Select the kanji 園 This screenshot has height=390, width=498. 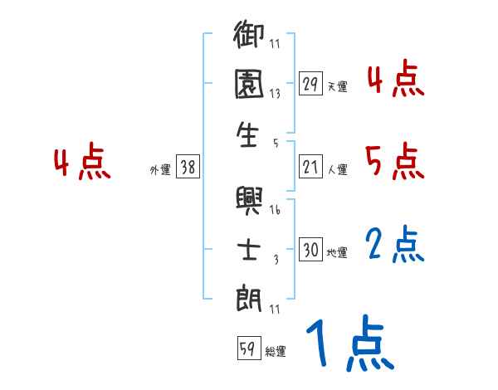249,87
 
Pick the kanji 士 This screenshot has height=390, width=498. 249,250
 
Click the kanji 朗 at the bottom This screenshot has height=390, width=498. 249,297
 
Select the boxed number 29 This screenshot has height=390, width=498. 310,84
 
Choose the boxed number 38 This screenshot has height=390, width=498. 188,168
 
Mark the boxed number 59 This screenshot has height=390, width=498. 247,349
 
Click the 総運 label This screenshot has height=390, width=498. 276,352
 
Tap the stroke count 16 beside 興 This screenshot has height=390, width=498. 275,211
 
